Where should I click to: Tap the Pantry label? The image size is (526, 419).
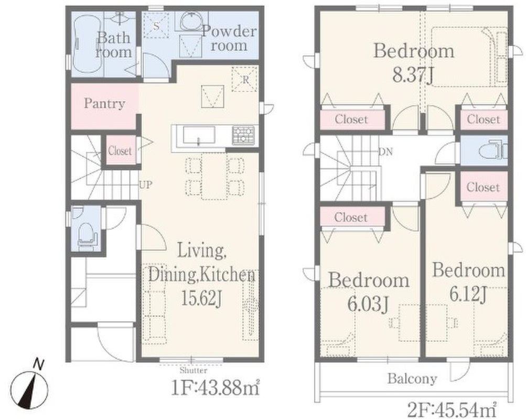(104, 104)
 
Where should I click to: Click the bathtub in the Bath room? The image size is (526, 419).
(87, 44)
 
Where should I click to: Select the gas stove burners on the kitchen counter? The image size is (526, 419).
(243, 135)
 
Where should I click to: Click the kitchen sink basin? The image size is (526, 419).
(199, 136)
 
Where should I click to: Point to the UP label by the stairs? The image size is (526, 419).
(146, 184)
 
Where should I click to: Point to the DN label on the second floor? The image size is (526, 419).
(385, 152)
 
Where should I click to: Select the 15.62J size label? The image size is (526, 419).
(201, 297)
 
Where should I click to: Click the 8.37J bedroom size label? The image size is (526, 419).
(413, 74)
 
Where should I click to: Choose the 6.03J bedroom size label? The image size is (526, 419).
(368, 303)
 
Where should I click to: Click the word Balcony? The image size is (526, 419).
(412, 379)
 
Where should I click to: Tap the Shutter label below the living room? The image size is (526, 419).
(193, 370)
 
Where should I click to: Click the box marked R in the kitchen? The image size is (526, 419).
(244, 79)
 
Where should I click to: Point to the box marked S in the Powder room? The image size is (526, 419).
(156, 26)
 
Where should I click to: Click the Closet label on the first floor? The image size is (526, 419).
(120, 151)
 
